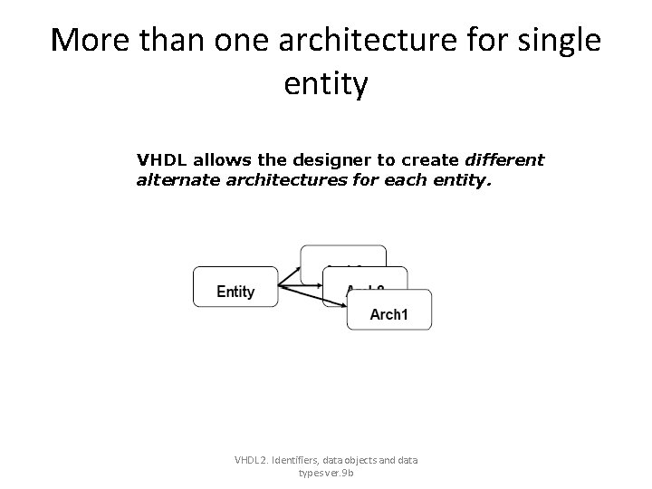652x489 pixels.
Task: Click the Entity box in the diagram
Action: (x=235, y=287)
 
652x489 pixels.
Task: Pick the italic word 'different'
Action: (x=504, y=160)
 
